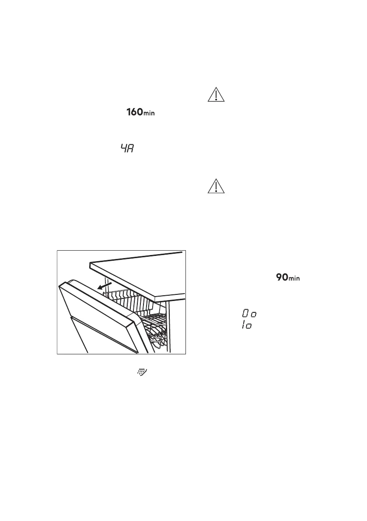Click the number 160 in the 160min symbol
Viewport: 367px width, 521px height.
tap(133, 112)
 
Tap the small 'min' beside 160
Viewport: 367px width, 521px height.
tap(150, 114)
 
